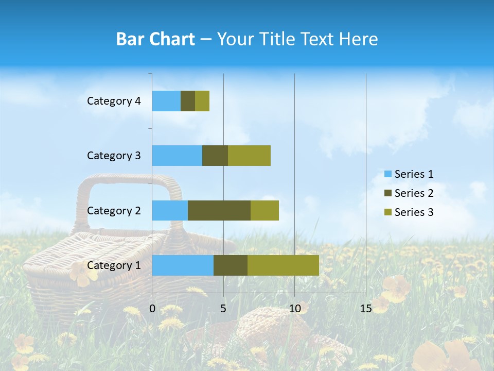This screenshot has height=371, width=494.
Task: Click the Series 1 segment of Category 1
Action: (183, 265)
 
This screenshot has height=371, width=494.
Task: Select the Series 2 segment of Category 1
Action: (231, 265)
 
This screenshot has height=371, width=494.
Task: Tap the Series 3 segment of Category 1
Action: (283, 265)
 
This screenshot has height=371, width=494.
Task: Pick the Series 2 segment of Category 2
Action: (219, 210)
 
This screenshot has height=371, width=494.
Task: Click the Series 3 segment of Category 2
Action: (264, 210)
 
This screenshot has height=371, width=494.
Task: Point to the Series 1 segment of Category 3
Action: (177, 156)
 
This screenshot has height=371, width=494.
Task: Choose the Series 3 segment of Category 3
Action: (249, 156)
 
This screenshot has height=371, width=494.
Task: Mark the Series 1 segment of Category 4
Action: (166, 101)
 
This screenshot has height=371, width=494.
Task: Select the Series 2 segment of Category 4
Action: (188, 101)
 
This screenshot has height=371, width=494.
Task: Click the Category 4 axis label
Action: (114, 101)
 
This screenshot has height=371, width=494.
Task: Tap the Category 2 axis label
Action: (114, 210)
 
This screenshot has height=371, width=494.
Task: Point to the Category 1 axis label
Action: (114, 265)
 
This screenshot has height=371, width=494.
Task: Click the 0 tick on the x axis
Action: (152, 309)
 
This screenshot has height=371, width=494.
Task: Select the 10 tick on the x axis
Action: (294, 309)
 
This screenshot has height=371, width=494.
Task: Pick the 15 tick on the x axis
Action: (365, 309)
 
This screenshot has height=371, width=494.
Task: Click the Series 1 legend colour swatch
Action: (387, 174)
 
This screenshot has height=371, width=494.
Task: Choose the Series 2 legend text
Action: (414, 193)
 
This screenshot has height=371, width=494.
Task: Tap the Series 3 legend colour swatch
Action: (387, 212)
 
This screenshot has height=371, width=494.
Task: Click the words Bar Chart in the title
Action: (155, 39)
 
